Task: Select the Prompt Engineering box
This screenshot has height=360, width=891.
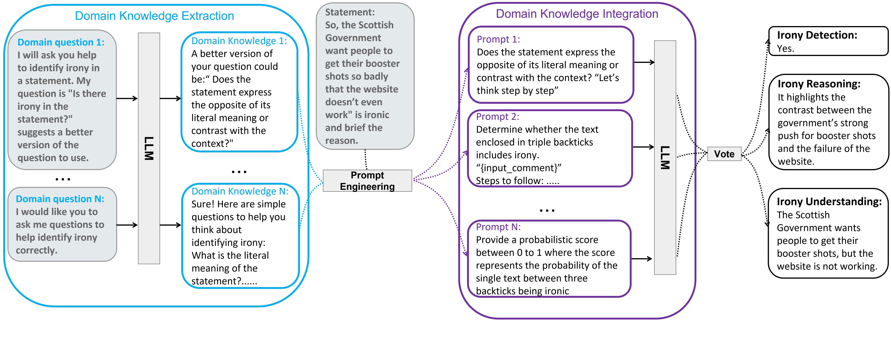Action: pos(367,180)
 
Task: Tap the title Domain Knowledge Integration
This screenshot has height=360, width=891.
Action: pos(577,14)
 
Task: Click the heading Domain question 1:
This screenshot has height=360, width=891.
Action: pos(61,42)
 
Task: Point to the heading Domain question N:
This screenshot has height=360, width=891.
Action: pos(60,199)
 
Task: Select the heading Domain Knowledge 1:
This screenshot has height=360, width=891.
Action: pos(239,41)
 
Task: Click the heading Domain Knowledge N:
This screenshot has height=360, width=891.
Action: pos(240,191)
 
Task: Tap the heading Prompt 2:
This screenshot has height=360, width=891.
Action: pos(497,116)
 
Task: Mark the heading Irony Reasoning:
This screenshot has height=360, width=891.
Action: pos(819,84)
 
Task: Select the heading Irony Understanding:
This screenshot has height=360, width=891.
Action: pos(829,201)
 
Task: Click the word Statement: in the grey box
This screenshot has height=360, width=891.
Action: pos(350,12)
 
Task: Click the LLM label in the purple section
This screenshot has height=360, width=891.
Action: pos(665,157)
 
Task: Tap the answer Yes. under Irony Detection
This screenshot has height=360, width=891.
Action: pos(785,48)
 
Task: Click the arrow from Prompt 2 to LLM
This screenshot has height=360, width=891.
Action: pos(643,147)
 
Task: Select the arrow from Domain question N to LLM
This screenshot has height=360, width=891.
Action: pos(127,225)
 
